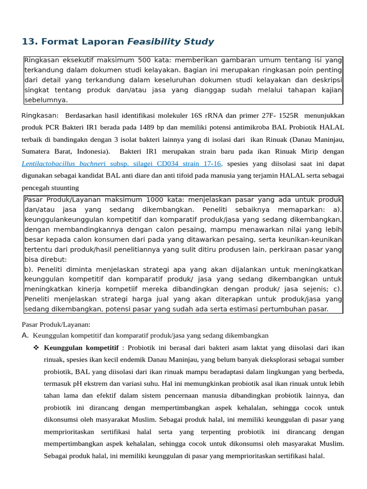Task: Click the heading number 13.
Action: tap(29, 42)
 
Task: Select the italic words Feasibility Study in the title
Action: tap(170, 42)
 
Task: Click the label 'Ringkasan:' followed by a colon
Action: tap(40, 116)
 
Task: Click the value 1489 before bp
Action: tap(147, 128)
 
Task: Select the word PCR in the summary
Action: tap(53, 128)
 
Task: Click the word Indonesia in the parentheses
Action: tap(92, 151)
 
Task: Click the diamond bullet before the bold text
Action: tap(36, 347)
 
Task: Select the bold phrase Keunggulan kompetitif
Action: tap(81, 347)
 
